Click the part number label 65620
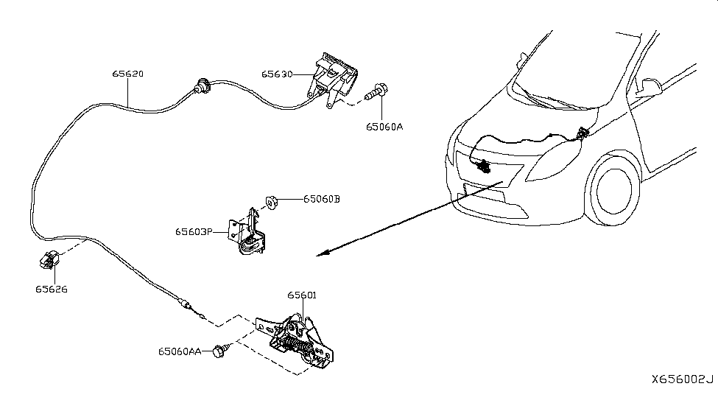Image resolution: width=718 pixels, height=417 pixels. point(127,74)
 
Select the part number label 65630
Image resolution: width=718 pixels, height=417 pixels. point(277,74)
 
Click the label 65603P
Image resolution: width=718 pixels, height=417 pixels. point(194,231)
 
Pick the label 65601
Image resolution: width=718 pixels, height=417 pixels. point(302,295)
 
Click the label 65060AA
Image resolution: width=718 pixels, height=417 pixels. point(179,352)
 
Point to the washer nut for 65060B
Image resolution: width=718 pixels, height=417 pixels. point(271,200)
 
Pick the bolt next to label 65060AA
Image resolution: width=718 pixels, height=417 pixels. point(218,352)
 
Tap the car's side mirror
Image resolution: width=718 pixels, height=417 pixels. point(650,85)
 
